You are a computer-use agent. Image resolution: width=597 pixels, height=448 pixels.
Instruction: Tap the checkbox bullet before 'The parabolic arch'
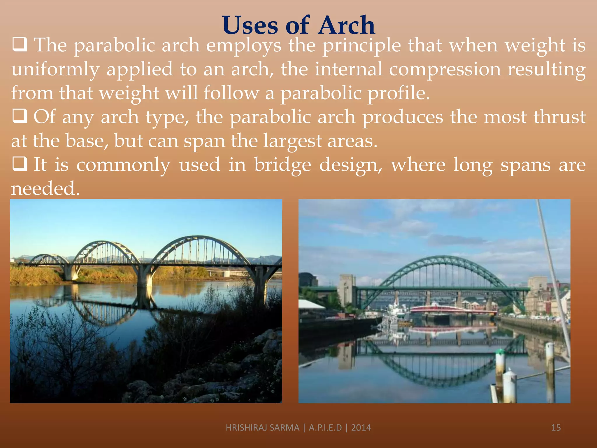[x=20, y=45]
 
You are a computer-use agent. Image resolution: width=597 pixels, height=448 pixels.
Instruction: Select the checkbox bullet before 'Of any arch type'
[x=20, y=116]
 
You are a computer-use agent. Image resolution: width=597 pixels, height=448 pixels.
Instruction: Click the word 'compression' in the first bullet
[x=445, y=69]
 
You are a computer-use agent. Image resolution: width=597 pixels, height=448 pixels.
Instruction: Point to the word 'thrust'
[x=559, y=117]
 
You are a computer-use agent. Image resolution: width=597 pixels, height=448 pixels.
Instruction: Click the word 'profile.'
[x=398, y=93]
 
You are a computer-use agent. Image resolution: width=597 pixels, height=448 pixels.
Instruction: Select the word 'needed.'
[x=45, y=188]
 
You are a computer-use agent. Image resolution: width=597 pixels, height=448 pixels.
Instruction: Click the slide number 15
[x=556, y=428]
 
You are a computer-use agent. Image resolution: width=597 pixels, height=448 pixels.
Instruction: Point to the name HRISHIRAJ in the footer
[x=247, y=428]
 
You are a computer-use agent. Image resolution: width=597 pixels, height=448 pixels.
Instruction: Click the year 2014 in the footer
[x=361, y=428]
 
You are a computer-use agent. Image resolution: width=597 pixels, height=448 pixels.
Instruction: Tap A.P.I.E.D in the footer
[x=325, y=428]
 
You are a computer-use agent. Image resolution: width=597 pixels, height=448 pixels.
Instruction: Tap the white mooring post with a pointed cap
[x=510, y=385]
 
